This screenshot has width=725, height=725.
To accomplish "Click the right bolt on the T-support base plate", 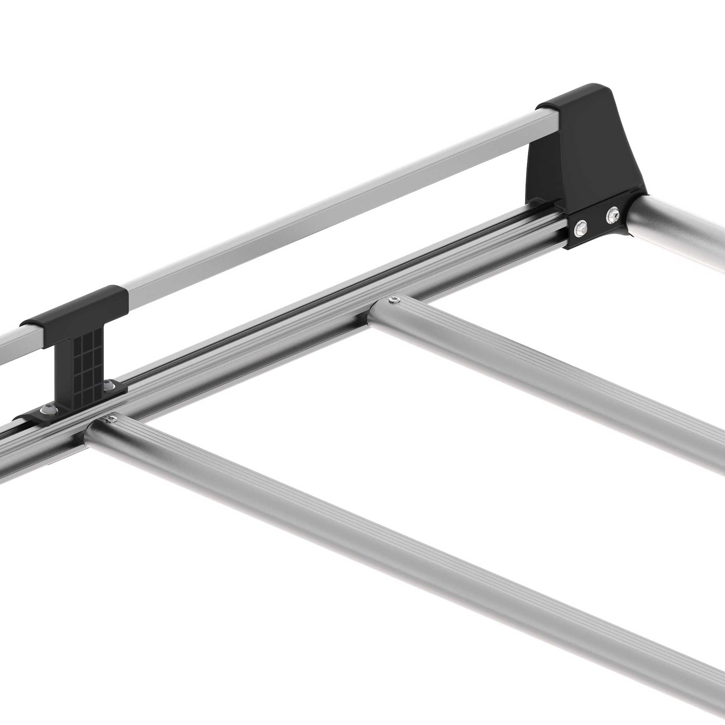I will (x=109, y=385).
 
